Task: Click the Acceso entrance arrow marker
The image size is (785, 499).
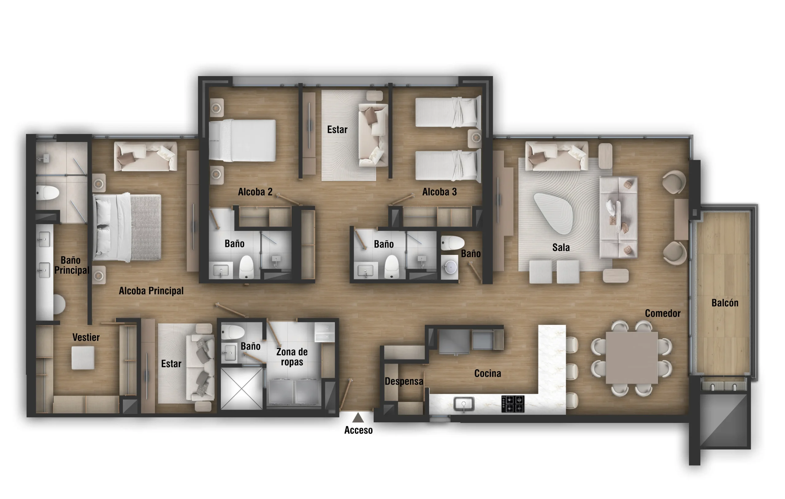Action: (x=358, y=417)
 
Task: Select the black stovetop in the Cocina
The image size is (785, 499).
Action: (x=513, y=404)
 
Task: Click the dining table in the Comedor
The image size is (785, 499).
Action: (x=632, y=357)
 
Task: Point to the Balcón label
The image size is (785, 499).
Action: (x=725, y=303)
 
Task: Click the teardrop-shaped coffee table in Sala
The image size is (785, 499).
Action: (x=554, y=213)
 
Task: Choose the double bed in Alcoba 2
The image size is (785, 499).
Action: (x=242, y=140)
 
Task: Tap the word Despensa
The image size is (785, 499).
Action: (x=404, y=381)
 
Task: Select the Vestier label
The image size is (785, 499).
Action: (x=86, y=337)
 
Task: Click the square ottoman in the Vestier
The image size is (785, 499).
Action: (x=83, y=358)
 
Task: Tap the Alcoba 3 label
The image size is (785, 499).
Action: (x=439, y=192)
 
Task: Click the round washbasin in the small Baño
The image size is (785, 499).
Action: (x=450, y=267)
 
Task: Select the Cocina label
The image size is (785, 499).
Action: (x=487, y=374)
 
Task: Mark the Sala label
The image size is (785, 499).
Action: (x=561, y=248)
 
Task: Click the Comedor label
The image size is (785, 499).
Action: (x=662, y=313)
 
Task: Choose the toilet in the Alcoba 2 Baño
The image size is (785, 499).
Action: (x=246, y=267)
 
